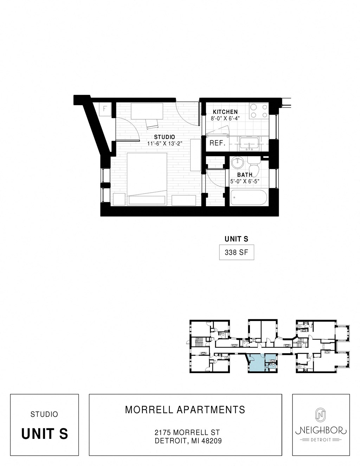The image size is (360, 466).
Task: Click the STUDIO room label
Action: click(x=164, y=137)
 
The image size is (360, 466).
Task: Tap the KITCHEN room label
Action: click(x=225, y=112)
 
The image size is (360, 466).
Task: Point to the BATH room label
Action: click(x=244, y=175)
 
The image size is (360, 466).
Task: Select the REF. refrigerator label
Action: click(x=217, y=143)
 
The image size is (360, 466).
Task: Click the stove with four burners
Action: click(x=258, y=111)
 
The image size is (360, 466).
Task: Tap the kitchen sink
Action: click(x=249, y=143)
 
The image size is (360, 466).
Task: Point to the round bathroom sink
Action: click(x=238, y=162)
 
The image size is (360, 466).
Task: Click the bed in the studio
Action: click(x=147, y=178)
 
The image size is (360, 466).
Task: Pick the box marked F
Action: click(x=105, y=108)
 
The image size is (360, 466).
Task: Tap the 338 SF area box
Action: click(x=236, y=253)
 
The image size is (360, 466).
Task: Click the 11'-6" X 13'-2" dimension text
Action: click(x=164, y=143)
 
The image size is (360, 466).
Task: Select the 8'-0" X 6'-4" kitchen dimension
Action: click(x=225, y=119)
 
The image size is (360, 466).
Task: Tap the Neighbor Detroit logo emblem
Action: click(x=320, y=415)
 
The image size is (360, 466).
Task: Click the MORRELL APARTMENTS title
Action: click(x=185, y=410)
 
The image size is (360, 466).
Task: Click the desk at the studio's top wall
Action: click(x=147, y=111)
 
